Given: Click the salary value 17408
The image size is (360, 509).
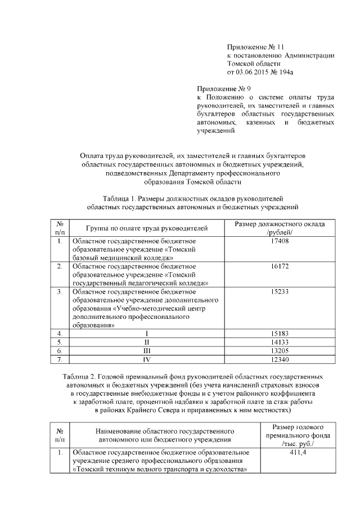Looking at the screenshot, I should tap(279, 241).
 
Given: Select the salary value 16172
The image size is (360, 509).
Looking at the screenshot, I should tap(279, 265).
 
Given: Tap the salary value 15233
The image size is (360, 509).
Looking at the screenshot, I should tap(279, 292).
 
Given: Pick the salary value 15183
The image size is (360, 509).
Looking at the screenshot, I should tap(279, 334).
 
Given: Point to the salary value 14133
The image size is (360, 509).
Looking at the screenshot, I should tap(279, 342).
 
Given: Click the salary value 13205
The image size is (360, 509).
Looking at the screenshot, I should tap(279, 350).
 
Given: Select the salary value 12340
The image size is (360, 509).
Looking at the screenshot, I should tap(279, 359).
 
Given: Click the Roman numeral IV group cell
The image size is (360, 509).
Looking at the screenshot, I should tap(147, 359).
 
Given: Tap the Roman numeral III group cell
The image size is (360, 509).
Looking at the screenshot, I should tap(147, 350).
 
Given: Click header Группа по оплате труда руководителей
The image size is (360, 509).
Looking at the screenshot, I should tap(147, 228).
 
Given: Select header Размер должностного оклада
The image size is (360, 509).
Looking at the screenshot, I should tap(279, 224).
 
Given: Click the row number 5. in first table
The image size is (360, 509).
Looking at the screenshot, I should tap(59, 342).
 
